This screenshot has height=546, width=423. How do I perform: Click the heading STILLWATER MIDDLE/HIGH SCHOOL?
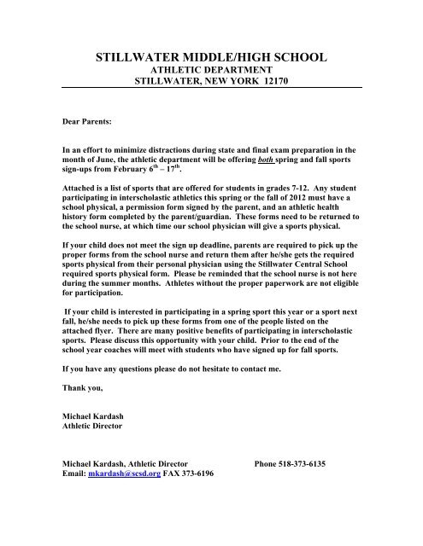pyautogui.click(x=211, y=58)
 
